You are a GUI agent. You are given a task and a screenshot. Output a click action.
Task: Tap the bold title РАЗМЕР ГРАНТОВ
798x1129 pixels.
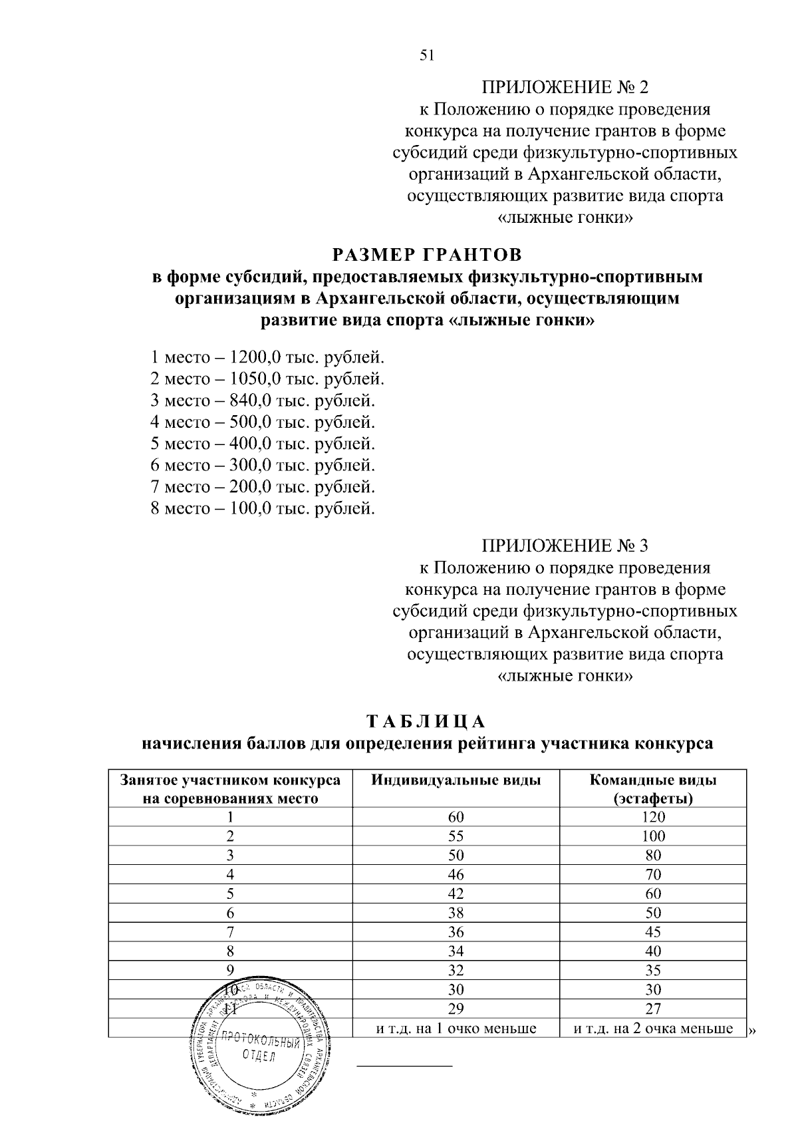coord(427,255)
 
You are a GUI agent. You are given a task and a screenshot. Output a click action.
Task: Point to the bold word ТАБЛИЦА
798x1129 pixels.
coord(427,722)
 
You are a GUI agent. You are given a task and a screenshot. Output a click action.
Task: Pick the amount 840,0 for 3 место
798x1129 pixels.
coord(248,401)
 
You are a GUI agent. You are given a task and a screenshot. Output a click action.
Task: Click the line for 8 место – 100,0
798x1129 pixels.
coord(263,509)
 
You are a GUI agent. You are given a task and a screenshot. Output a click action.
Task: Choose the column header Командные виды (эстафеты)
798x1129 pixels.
coord(653,789)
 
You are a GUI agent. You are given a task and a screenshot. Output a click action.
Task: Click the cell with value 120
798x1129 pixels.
coord(653,817)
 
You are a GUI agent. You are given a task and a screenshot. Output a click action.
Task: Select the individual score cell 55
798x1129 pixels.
coord(456,836)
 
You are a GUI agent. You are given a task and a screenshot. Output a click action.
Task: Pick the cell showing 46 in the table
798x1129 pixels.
coord(456,875)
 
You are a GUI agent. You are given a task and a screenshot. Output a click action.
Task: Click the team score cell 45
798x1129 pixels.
coord(653,932)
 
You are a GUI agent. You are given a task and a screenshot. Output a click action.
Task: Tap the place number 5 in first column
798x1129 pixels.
coord(230,893)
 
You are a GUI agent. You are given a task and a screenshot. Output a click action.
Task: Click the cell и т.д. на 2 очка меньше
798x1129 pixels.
coord(653,1029)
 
